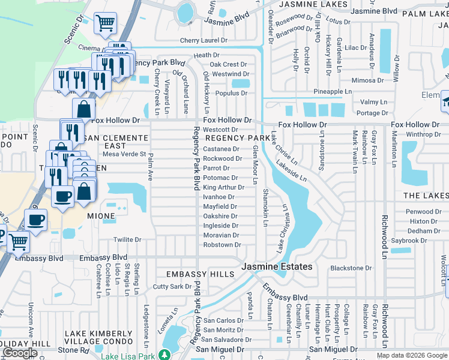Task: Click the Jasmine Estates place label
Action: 277,266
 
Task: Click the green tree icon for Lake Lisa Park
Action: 163,355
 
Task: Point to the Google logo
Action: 20,353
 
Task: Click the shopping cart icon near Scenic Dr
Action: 105,24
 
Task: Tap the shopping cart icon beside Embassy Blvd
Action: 19,242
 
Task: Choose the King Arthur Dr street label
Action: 223,187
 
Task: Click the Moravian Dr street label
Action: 221,235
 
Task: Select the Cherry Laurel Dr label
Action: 204,41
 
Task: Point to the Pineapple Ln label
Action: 332,91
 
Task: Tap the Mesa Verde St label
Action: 125,154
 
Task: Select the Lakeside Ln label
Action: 292,170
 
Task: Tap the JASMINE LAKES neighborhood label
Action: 315,4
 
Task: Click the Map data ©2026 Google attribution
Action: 412,355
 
